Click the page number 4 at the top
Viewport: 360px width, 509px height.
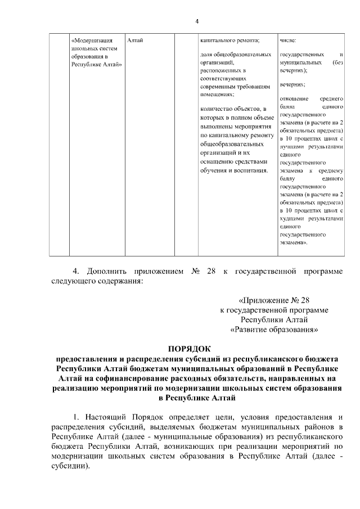(x=197, y=21)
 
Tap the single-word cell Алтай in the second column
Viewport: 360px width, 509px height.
(x=135, y=40)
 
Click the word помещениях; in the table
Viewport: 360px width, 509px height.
(x=217, y=95)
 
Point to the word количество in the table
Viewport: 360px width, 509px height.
(x=215, y=109)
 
